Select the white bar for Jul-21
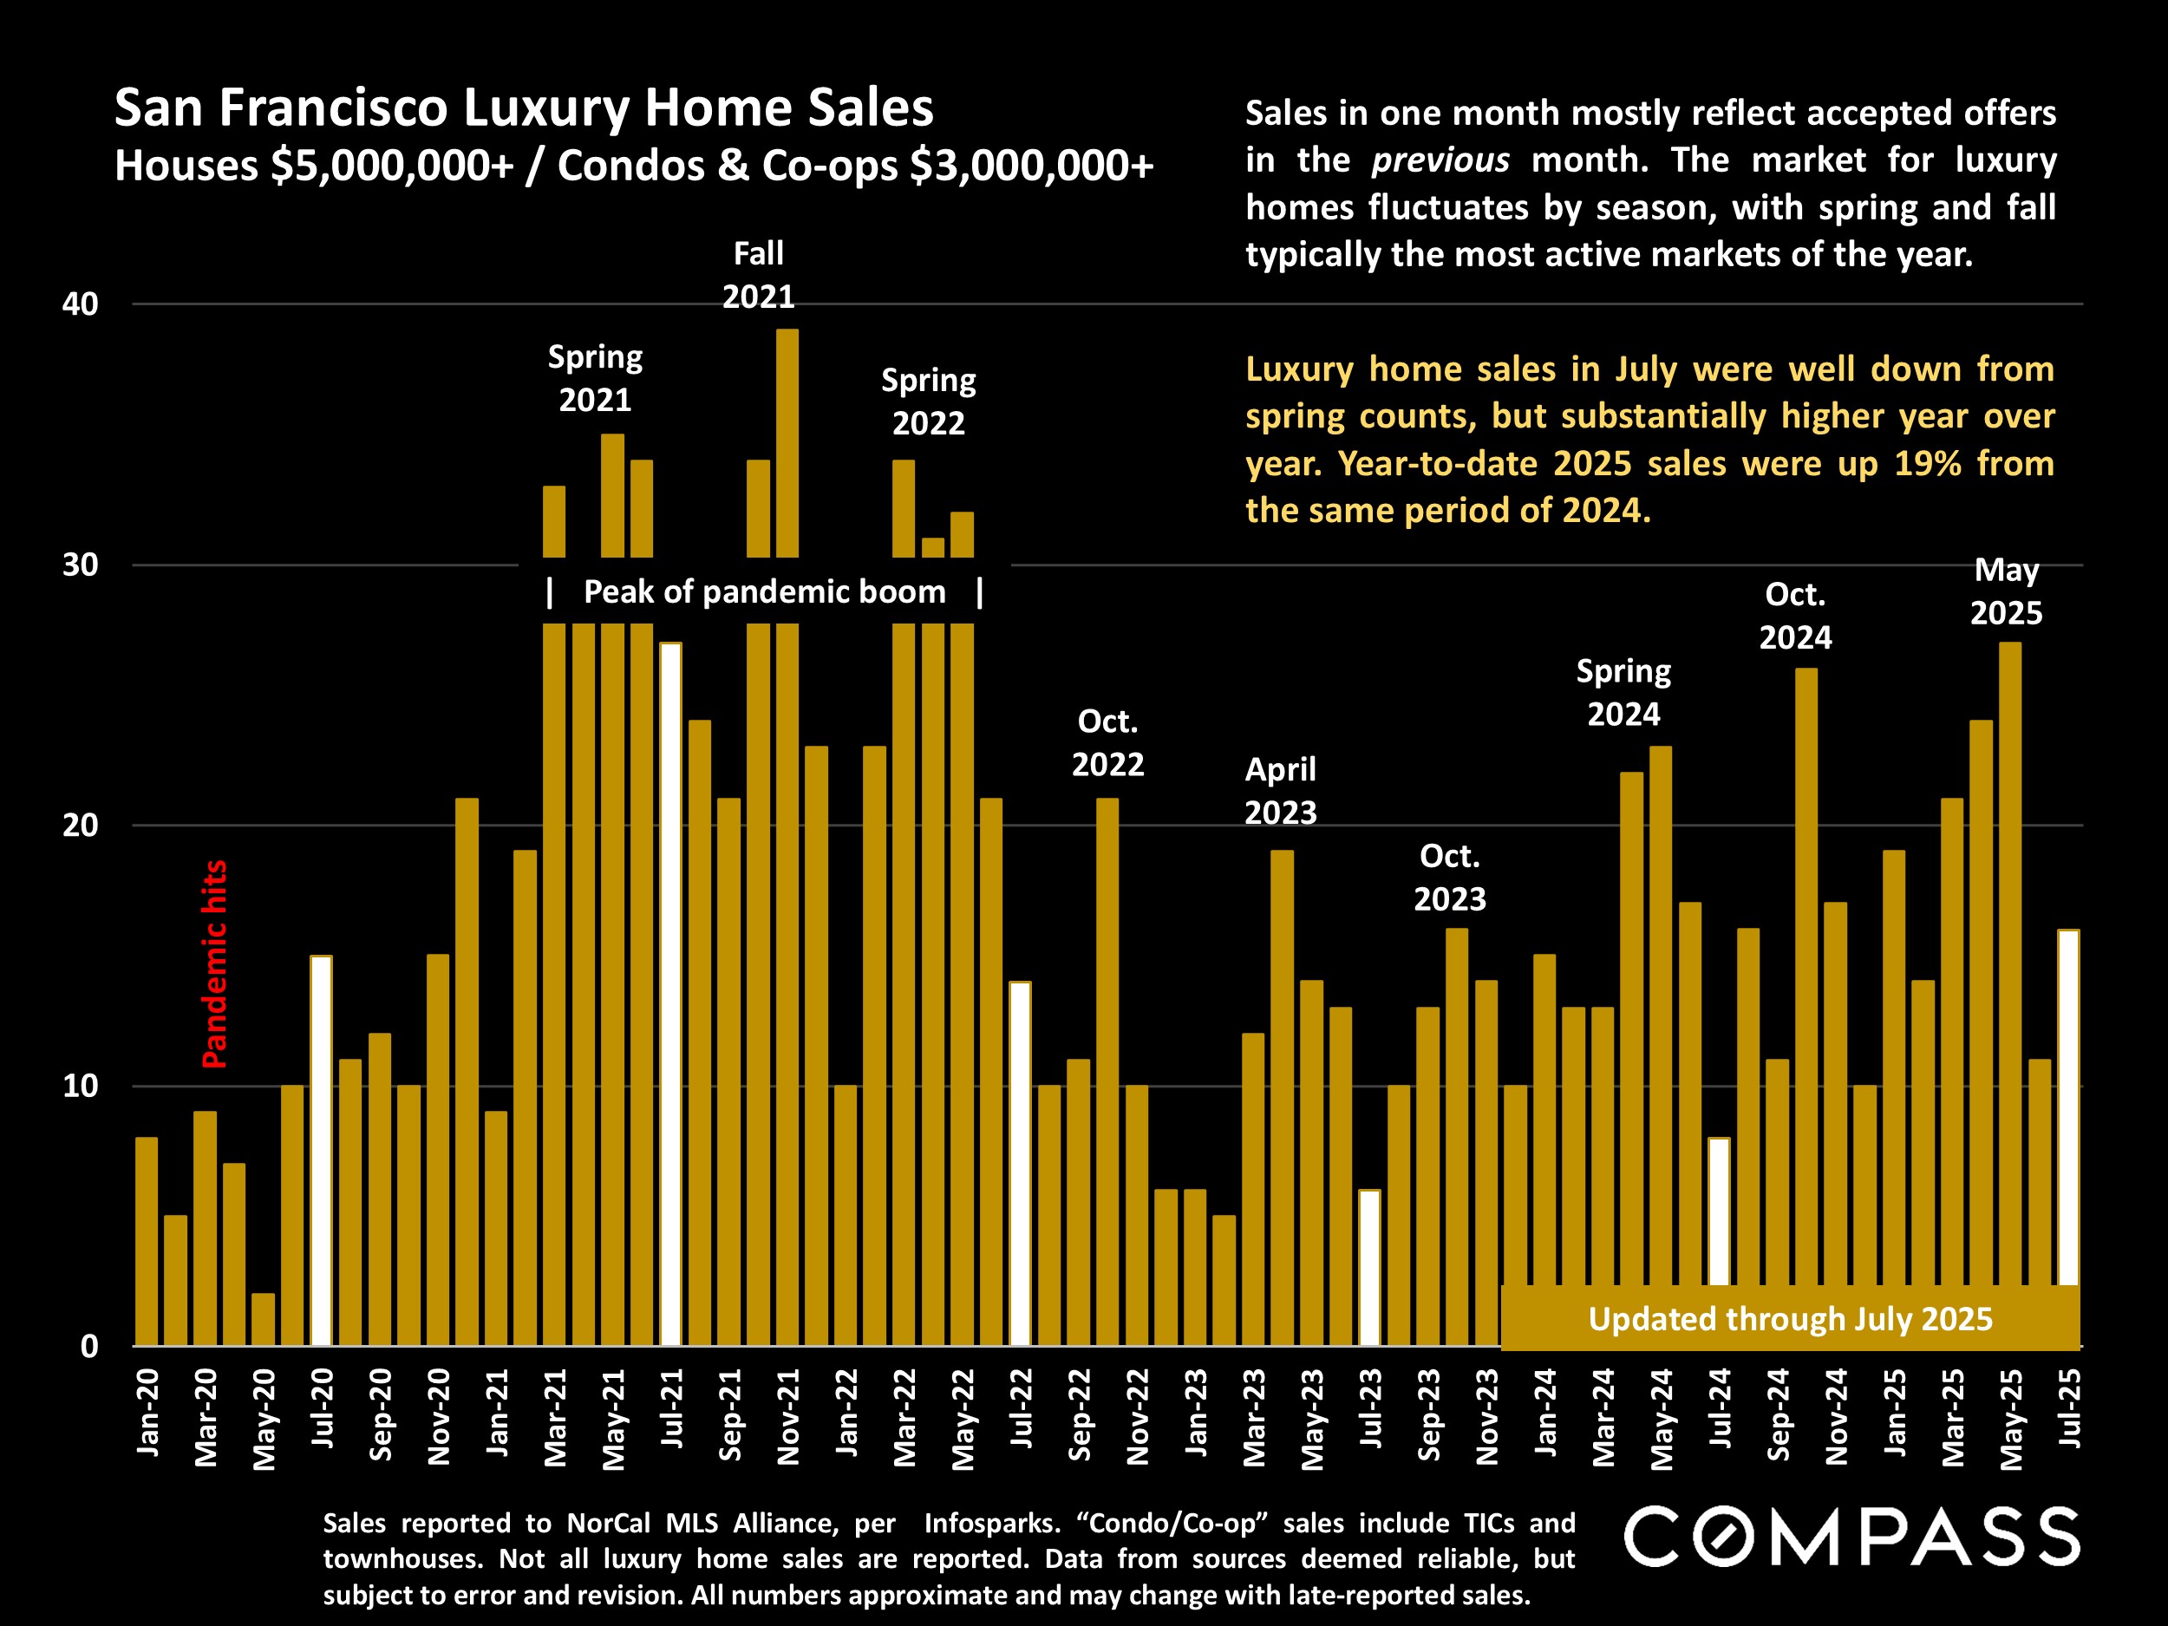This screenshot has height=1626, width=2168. click(x=670, y=994)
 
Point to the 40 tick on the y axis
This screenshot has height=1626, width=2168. click(x=81, y=304)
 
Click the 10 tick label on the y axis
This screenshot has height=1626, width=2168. click(x=81, y=1086)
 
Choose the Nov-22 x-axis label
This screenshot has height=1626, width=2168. click(x=1137, y=1417)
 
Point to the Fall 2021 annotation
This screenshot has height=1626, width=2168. click(x=759, y=276)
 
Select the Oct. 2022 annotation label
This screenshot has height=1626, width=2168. click(x=1107, y=743)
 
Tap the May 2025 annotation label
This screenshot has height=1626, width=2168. click(x=2007, y=591)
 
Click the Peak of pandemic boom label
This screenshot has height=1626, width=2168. click(x=765, y=592)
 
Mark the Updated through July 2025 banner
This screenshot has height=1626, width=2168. click(x=1790, y=1319)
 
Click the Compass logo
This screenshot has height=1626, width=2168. click(x=1851, y=1537)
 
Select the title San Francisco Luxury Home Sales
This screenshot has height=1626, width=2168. click(x=524, y=108)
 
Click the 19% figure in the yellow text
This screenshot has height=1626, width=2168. click(x=1927, y=464)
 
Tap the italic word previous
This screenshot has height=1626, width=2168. click(x=1440, y=160)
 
